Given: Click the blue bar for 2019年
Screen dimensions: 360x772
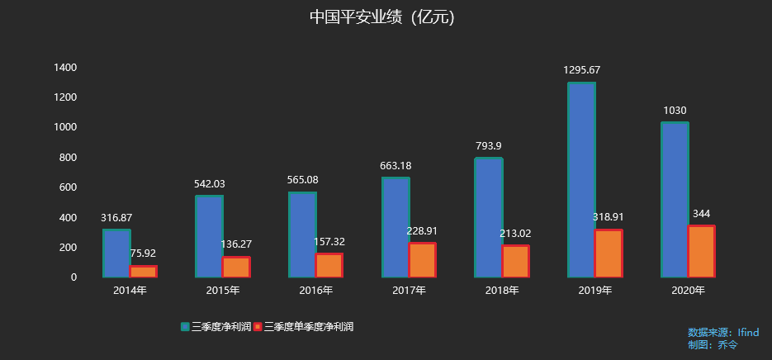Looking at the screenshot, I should tap(581, 179).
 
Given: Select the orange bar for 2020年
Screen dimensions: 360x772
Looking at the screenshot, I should tap(702, 251).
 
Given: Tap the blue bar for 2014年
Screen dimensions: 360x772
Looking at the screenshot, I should tap(116, 253).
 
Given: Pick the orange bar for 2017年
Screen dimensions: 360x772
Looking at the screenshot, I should tap(422, 259).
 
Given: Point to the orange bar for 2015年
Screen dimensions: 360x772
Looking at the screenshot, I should tap(236, 267).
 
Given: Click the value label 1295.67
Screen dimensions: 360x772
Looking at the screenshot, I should tap(581, 70).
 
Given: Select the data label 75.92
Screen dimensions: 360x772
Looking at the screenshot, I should tap(144, 253).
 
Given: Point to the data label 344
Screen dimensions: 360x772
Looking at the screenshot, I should tap(702, 214).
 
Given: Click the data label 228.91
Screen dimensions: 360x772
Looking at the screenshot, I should tap(423, 231).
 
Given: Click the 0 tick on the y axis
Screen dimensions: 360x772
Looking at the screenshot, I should tap(73, 277).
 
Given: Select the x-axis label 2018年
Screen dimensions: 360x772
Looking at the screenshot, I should tap(502, 291).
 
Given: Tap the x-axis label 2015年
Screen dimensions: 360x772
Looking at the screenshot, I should tap(222, 291).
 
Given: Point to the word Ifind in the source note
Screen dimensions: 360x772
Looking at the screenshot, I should tap(748, 332).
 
